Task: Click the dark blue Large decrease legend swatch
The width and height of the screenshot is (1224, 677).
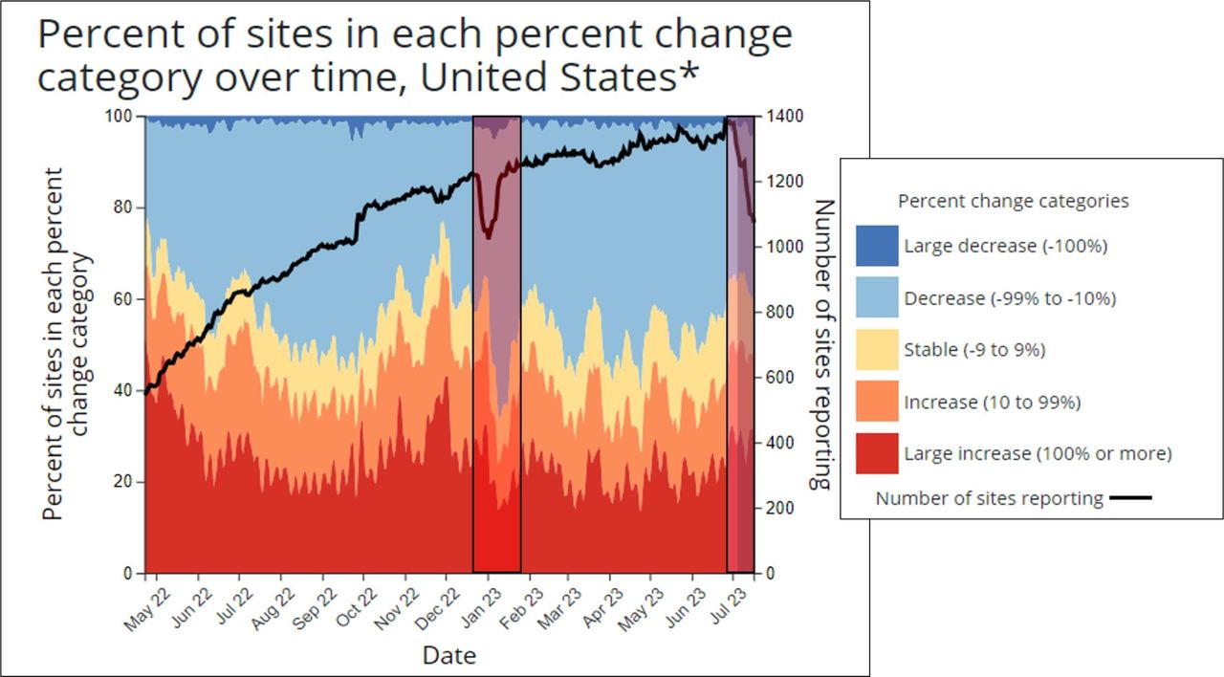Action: tap(877, 246)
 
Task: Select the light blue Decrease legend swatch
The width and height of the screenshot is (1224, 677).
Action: tap(877, 298)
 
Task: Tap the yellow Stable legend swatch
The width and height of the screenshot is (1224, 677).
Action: tap(877, 350)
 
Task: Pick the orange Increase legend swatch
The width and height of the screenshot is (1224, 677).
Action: tap(877, 403)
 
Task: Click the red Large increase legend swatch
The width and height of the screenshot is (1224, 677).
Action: tap(877, 453)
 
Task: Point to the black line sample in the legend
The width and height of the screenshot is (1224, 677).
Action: tap(1132, 498)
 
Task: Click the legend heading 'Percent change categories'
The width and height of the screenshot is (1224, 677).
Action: tap(1014, 201)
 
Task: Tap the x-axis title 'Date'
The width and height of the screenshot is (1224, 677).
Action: tap(449, 655)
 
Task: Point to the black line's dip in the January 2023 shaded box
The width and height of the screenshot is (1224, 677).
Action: tap(489, 234)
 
